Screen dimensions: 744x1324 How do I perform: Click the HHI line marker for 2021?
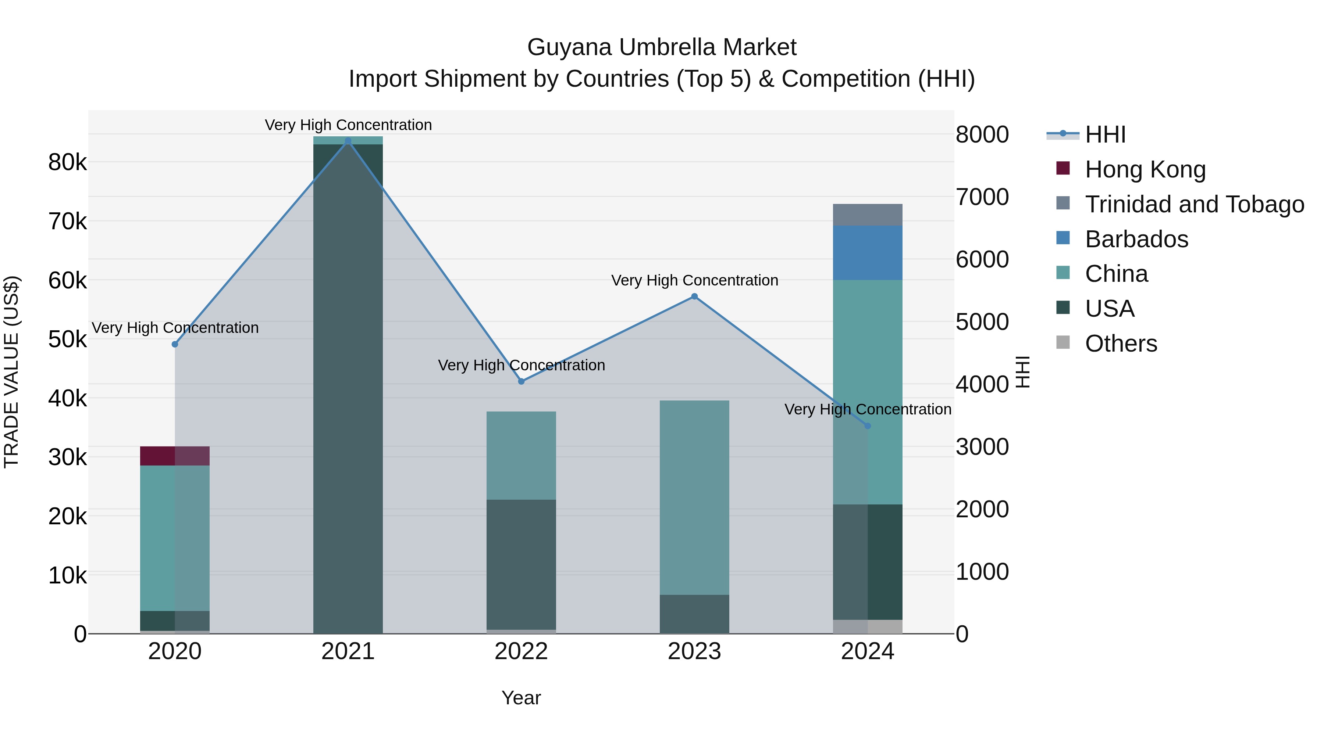click(348, 141)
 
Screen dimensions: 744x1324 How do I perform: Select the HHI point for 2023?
click(694, 296)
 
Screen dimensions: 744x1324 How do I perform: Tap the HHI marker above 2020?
click(175, 344)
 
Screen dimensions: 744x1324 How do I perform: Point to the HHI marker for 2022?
click(521, 381)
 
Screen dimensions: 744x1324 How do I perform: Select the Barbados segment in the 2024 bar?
click(868, 253)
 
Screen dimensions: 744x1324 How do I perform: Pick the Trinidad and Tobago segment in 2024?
click(868, 215)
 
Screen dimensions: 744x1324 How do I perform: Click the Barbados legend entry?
click(1136, 239)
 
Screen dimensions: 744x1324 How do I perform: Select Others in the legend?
click(1121, 344)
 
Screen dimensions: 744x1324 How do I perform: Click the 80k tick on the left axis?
click(67, 162)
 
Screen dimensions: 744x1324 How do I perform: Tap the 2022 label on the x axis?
click(521, 651)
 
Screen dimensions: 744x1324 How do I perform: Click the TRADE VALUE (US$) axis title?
click(11, 372)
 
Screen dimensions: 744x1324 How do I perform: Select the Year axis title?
click(521, 698)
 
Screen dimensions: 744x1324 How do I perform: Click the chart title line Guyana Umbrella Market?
click(662, 47)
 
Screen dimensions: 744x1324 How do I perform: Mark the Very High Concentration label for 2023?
click(694, 280)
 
